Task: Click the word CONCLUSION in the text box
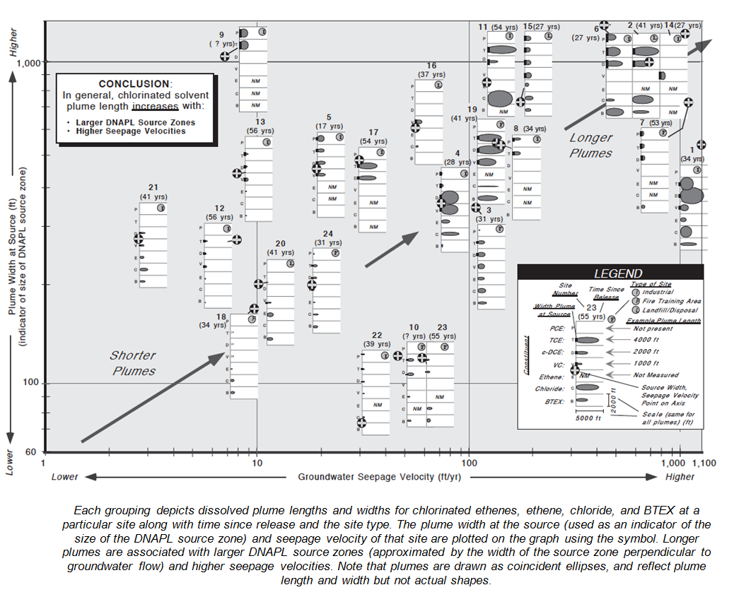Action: (x=134, y=84)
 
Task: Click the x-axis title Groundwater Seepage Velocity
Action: (x=375, y=477)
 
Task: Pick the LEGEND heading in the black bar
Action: (x=618, y=273)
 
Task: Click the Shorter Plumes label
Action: (x=132, y=362)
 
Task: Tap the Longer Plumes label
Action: (x=590, y=146)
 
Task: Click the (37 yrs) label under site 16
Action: (x=431, y=74)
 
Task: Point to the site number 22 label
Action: (x=377, y=335)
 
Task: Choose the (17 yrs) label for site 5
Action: (x=330, y=126)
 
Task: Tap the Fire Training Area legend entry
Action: (x=649, y=301)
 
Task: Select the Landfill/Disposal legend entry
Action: (x=649, y=310)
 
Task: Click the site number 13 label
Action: (x=260, y=122)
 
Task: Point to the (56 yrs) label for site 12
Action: (x=219, y=217)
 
